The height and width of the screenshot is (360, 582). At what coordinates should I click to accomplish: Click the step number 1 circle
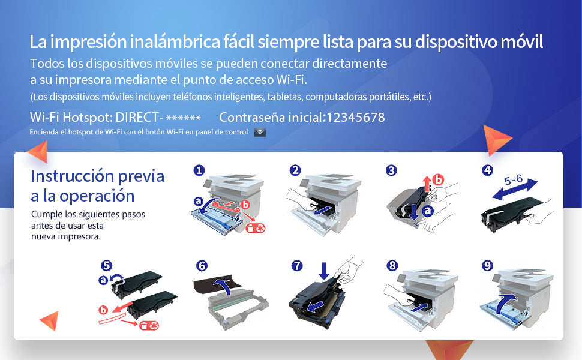[199, 170]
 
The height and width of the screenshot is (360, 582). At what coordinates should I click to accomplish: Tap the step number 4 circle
[488, 170]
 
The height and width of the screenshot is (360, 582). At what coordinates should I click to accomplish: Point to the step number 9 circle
[488, 265]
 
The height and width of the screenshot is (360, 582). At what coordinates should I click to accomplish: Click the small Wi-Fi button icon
[260, 132]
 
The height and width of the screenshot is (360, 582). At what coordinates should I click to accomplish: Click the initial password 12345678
[355, 118]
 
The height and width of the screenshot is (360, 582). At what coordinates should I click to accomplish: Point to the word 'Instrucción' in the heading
[73, 176]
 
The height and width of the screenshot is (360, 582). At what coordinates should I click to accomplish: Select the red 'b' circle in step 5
[103, 310]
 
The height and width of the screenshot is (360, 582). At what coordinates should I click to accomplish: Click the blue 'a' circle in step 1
[199, 201]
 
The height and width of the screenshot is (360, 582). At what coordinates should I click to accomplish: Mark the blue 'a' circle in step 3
[427, 211]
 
